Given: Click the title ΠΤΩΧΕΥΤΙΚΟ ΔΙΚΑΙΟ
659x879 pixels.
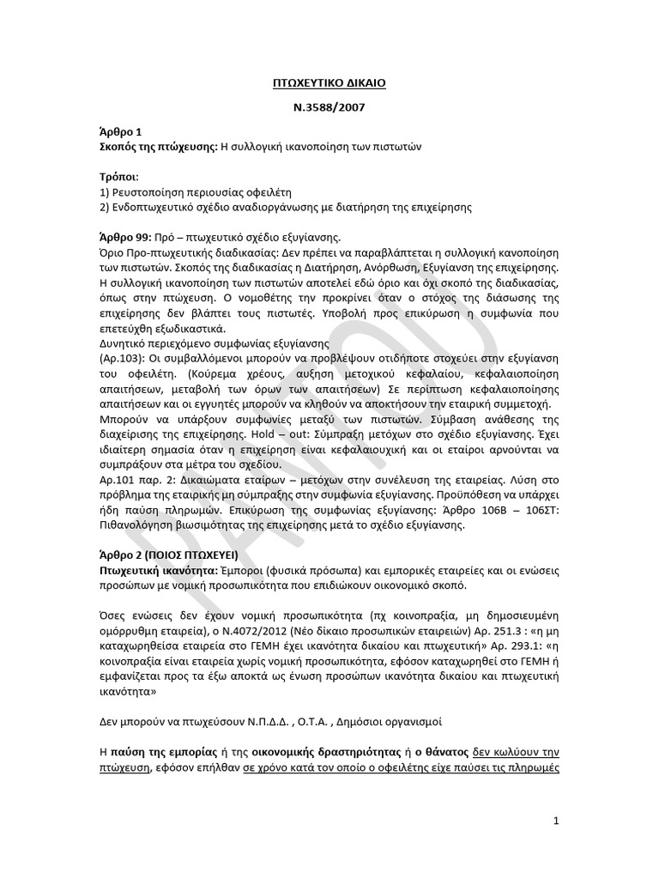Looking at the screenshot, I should (x=329, y=83).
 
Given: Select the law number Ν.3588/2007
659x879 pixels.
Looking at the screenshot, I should (x=329, y=109).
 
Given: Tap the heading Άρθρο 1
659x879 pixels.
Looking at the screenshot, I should (x=119, y=134).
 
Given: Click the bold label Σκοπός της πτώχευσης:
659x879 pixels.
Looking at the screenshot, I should (x=158, y=147).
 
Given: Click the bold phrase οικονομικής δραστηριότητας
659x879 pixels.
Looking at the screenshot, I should (x=292, y=752).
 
